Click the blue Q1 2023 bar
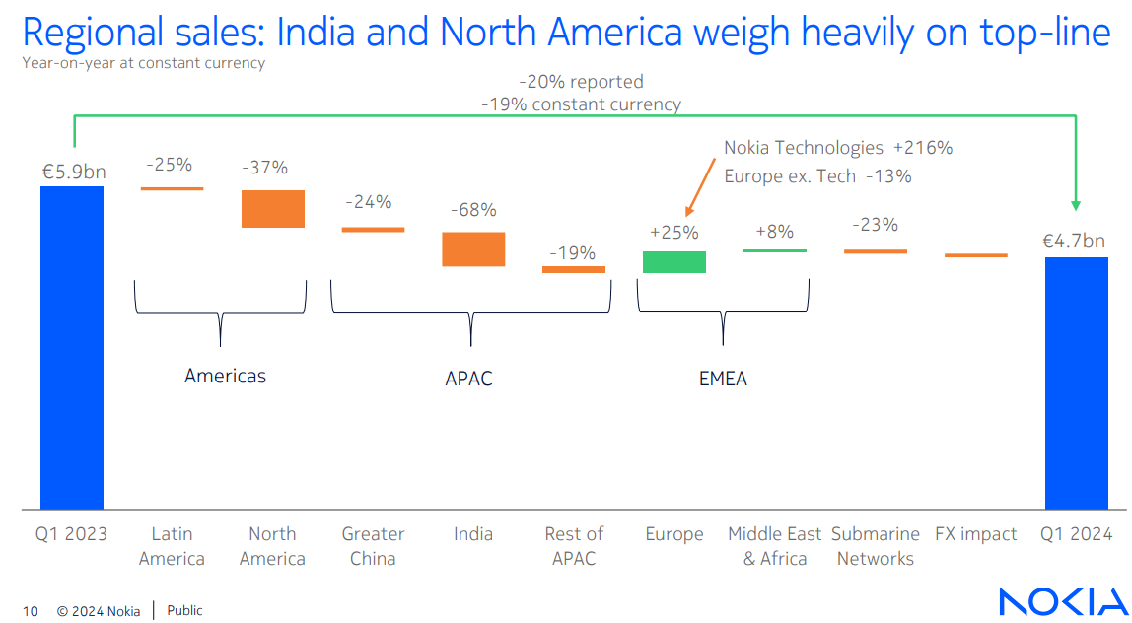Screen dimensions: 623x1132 pyautogui.click(x=72, y=347)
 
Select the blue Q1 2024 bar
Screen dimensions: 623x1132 pyautogui.click(x=1077, y=382)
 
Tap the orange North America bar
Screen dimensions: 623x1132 pyautogui.click(x=273, y=209)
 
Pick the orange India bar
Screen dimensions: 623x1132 pyautogui.click(x=473, y=248)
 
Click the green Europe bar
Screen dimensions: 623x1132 pyautogui.click(x=674, y=261)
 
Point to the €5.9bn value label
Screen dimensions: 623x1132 pyautogui.click(x=73, y=172)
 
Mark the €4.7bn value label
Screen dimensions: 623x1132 pyautogui.click(x=1074, y=241)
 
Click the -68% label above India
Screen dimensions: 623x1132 pyautogui.click(x=473, y=210)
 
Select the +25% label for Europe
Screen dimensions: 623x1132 pyautogui.click(x=674, y=233)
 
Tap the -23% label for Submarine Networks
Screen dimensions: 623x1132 pyautogui.click(x=875, y=225)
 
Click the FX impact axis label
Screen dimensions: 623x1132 pyautogui.click(x=975, y=534)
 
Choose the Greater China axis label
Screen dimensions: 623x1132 pyautogui.click(x=373, y=546)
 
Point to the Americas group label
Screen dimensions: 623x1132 pyautogui.click(x=225, y=376)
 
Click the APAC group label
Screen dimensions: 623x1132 pyautogui.click(x=468, y=379)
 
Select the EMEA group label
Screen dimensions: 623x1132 pyautogui.click(x=723, y=379)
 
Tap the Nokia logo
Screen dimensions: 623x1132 pyautogui.click(x=1061, y=601)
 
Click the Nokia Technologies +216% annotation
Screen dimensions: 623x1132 pyautogui.click(x=838, y=148)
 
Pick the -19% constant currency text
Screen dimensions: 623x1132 pyautogui.click(x=581, y=104)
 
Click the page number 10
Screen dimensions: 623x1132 pyautogui.click(x=31, y=611)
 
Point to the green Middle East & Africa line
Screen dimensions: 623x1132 pyautogui.click(x=774, y=250)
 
